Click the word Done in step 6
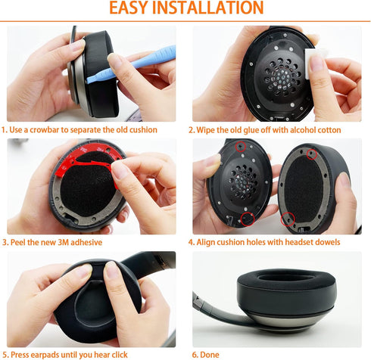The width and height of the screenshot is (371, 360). [x=209, y=354]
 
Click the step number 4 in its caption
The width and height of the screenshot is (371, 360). [x=192, y=242]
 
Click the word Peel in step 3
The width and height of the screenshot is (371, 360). [x=22, y=242]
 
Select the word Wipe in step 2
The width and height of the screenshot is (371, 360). [x=209, y=130]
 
